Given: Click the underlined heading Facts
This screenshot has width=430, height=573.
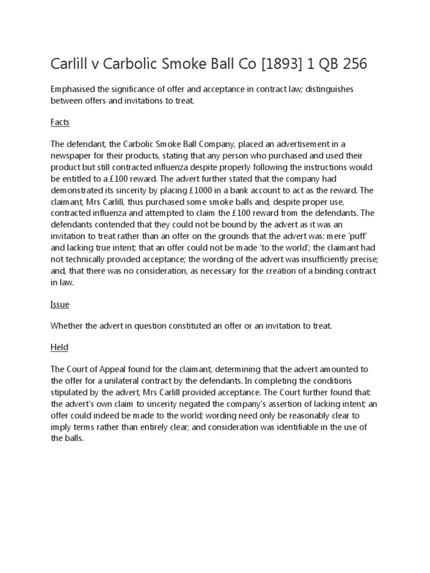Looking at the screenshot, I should point(60,122).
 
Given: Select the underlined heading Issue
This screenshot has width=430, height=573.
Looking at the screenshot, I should point(60,305).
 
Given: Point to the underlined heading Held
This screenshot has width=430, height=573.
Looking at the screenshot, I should point(59,347).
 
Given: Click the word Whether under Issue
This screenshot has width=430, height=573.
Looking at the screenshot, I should point(68,326).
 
